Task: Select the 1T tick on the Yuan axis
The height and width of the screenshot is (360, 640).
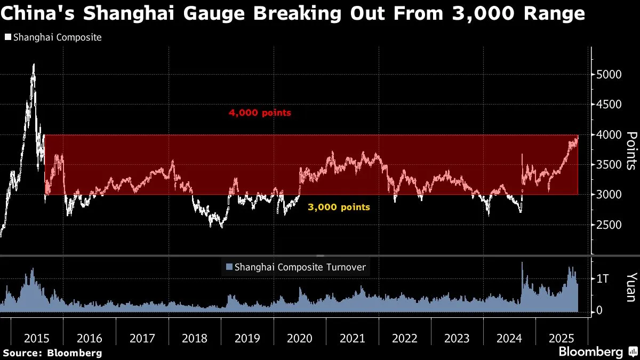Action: (603, 279)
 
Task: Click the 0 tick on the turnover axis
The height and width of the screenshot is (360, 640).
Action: (599, 310)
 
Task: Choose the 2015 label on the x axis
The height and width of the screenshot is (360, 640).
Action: (37, 338)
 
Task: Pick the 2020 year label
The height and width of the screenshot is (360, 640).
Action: (300, 338)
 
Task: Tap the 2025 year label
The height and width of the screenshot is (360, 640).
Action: (563, 338)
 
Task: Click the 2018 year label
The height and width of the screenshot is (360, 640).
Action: (195, 338)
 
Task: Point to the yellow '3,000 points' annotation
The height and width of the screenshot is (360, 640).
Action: (339, 207)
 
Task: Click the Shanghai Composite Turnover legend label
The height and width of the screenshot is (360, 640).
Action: (300, 267)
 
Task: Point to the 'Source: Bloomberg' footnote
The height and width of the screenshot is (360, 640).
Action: (52, 353)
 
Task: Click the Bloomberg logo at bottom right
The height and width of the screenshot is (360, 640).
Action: (596, 352)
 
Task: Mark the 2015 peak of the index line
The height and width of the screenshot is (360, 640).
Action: (34, 64)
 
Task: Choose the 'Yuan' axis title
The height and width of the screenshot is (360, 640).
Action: (631, 287)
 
